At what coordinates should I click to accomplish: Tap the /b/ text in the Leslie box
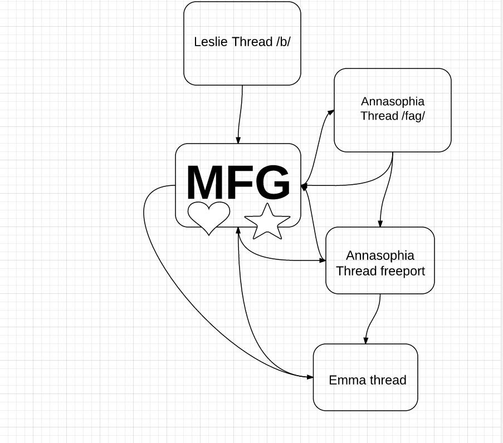click(283, 42)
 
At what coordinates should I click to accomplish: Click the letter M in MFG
click(207, 183)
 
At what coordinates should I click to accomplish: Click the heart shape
click(208, 217)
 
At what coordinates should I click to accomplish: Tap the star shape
click(267, 221)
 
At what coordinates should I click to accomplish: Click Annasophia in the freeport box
click(380, 255)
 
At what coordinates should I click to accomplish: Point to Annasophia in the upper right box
click(393, 101)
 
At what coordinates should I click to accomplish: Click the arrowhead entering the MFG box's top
click(238, 140)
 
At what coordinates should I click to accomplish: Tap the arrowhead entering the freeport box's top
click(380, 224)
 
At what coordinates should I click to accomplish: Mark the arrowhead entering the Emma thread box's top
click(366, 341)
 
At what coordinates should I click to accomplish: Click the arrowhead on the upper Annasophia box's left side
click(331, 112)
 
